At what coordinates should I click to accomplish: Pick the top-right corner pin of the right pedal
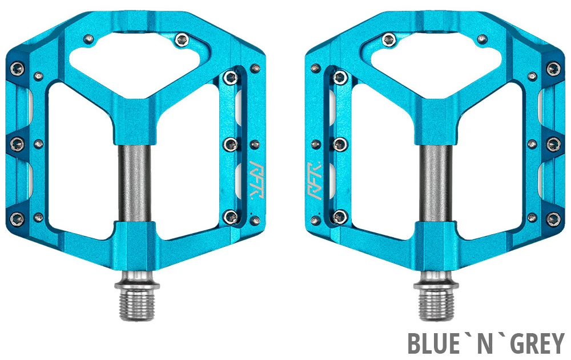(553, 69)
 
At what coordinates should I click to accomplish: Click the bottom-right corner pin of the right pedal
(553, 218)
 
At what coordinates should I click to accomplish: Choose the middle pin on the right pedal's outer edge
(553, 143)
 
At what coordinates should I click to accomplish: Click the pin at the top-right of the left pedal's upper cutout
(182, 39)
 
